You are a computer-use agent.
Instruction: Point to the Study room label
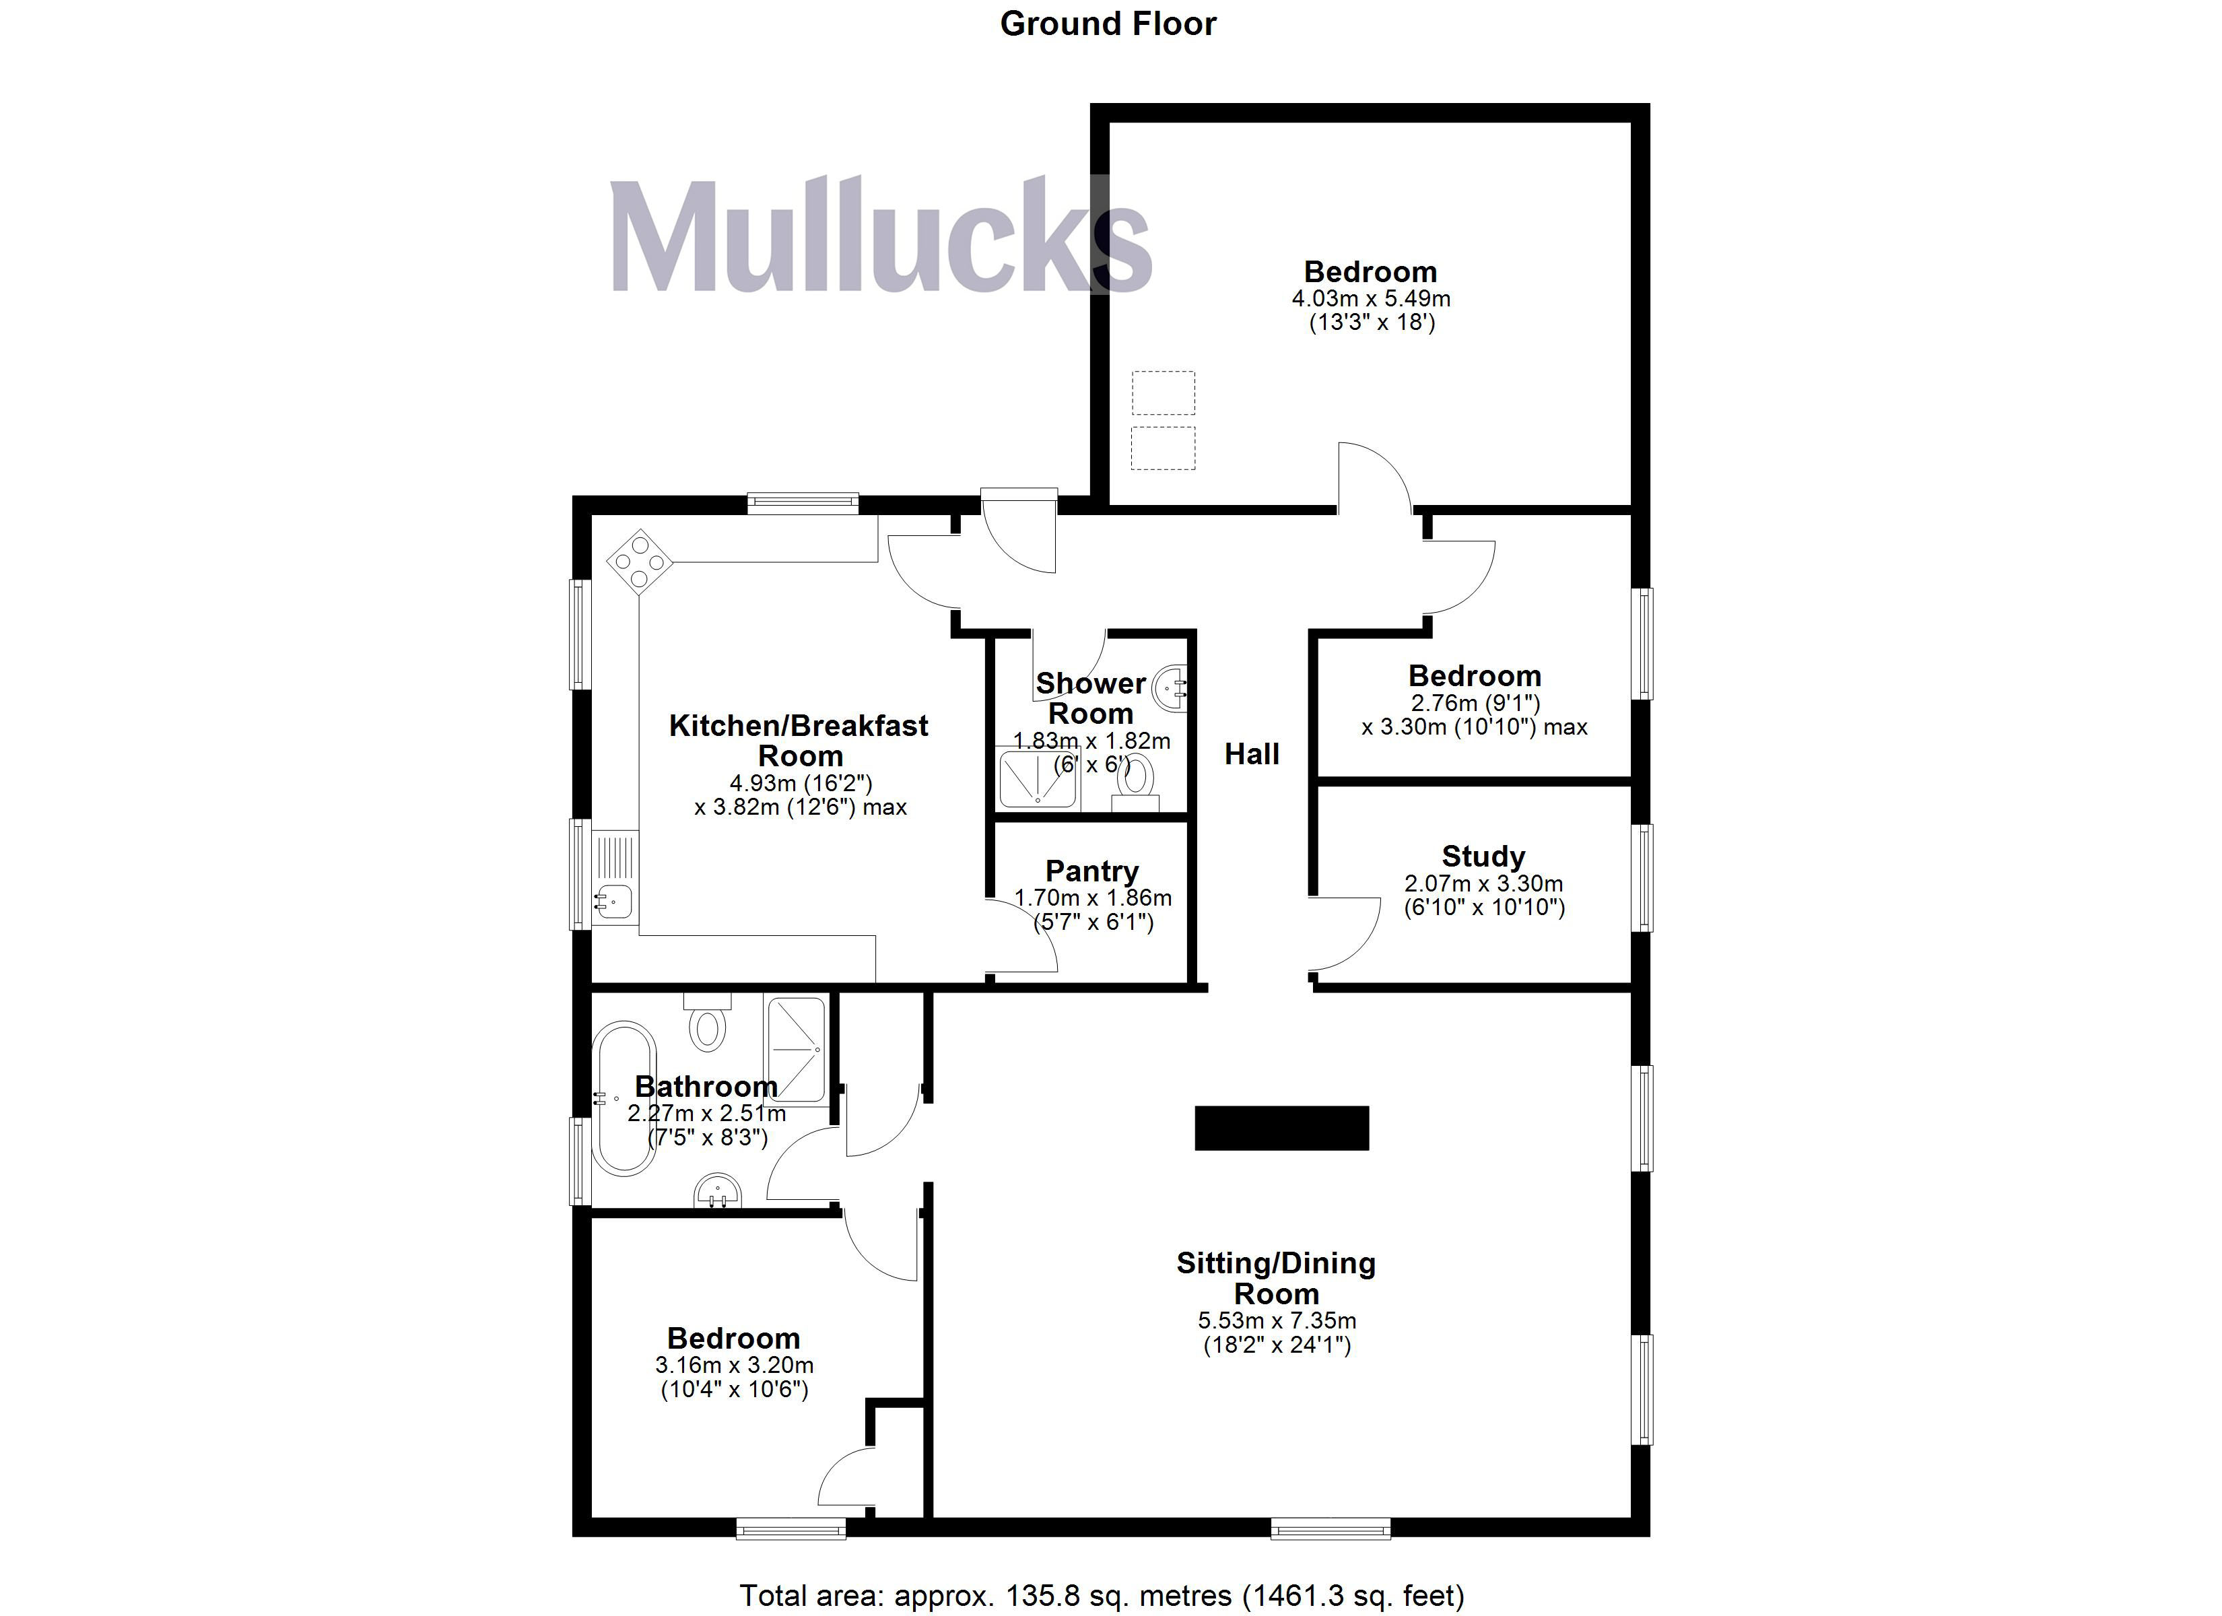tap(1482, 856)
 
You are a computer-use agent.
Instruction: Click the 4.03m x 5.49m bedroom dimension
tap(1371, 298)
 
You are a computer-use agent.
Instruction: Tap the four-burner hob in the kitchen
tap(640, 562)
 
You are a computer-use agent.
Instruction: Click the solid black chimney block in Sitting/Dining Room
tap(1281, 1127)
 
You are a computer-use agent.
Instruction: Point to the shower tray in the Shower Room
tap(1036, 777)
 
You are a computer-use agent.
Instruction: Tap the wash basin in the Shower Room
tap(1172, 687)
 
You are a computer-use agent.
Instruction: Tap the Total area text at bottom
tap(1101, 1595)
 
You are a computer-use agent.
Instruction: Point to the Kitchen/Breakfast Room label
tap(799, 740)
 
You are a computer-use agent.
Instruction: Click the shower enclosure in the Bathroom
tap(795, 1050)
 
